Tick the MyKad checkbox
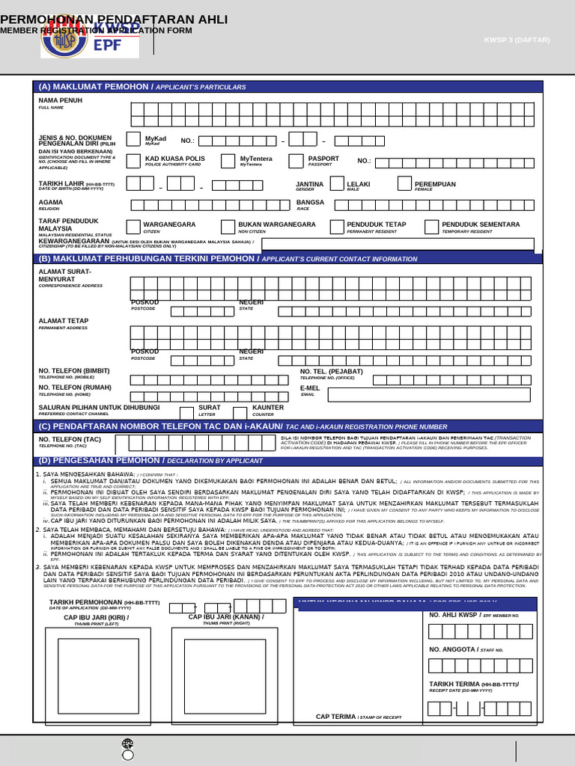pyautogui.click(x=133, y=139)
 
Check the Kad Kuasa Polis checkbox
pyautogui.click(x=133, y=161)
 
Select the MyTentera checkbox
pyautogui.click(x=228, y=161)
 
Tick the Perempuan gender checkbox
pyautogui.click(x=404, y=184)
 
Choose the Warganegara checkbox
pyautogui.click(x=133, y=227)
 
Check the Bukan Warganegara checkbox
pyautogui.click(x=228, y=227)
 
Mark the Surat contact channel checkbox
pyautogui.click(x=186, y=412)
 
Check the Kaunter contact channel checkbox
pyautogui.click(x=240, y=412)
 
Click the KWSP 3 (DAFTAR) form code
pyautogui.click(x=514, y=40)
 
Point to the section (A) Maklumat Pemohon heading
pyautogui.click(x=142, y=87)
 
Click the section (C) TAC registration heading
pyautogui.click(x=243, y=426)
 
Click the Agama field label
pyautogui.click(x=51, y=203)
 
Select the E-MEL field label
pyautogui.click(x=310, y=388)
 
